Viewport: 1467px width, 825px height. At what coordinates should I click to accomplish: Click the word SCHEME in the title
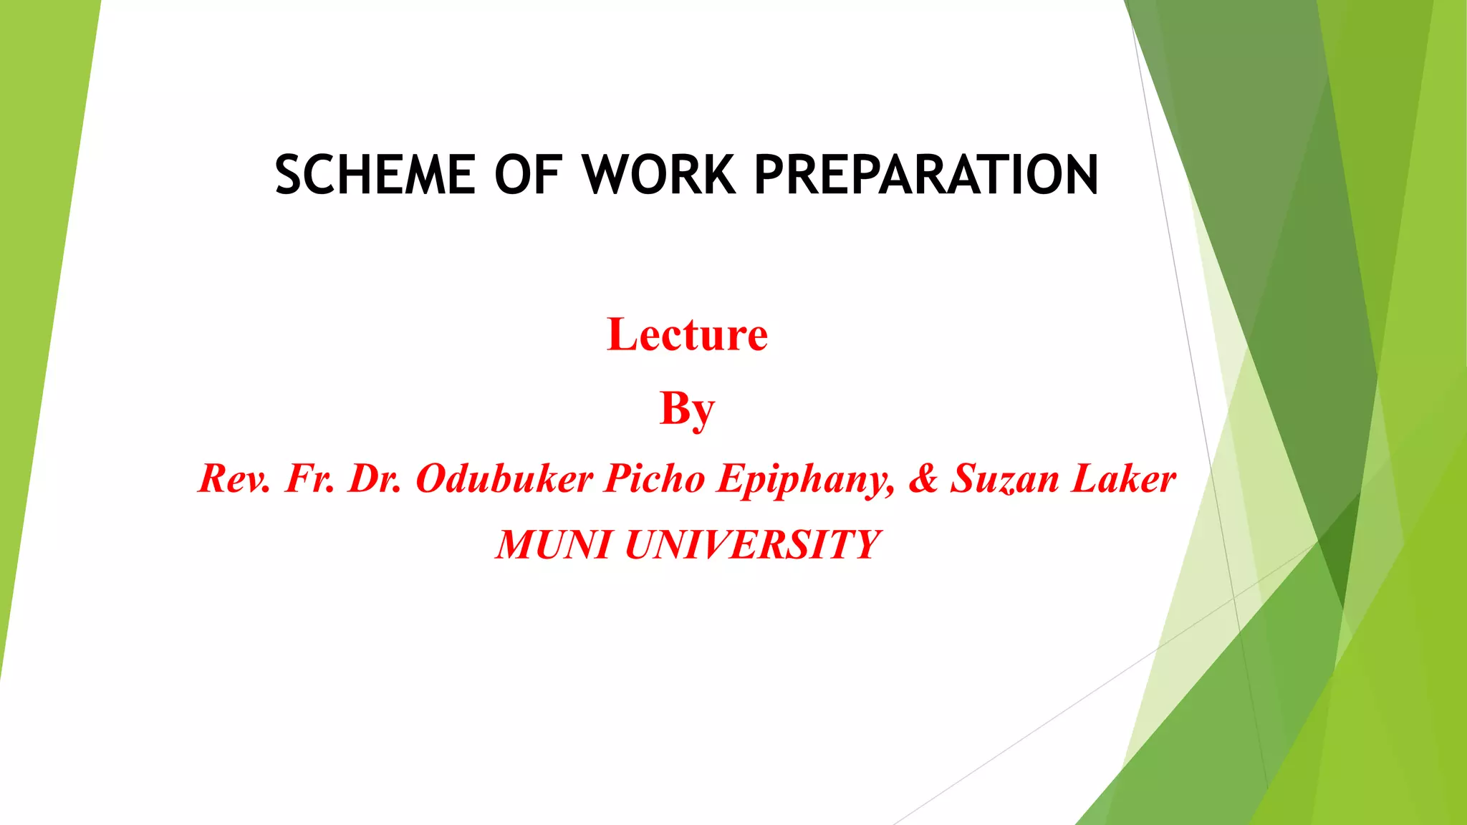375,175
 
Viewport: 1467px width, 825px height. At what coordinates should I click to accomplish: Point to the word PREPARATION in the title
926,175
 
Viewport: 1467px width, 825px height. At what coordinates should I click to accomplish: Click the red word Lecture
687,334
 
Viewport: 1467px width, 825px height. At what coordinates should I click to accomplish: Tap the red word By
687,409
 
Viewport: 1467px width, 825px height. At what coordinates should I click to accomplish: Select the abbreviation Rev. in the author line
234,478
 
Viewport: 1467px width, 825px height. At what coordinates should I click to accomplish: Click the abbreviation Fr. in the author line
310,478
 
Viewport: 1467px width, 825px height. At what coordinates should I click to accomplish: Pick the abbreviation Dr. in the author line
375,478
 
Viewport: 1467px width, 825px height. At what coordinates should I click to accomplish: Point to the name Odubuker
504,478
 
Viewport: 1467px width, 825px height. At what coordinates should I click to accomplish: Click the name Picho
654,478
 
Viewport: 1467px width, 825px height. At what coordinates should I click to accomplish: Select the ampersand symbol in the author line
923,478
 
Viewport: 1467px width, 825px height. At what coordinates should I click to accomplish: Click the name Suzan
1004,478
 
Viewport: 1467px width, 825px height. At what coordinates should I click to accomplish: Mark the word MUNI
552,545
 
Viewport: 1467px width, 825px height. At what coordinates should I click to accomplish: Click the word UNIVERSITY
751,545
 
